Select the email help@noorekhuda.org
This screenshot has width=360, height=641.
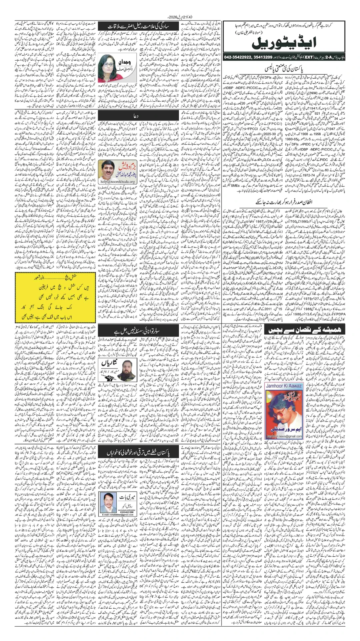(118, 182)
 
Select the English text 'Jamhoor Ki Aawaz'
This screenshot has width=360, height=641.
(284, 386)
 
